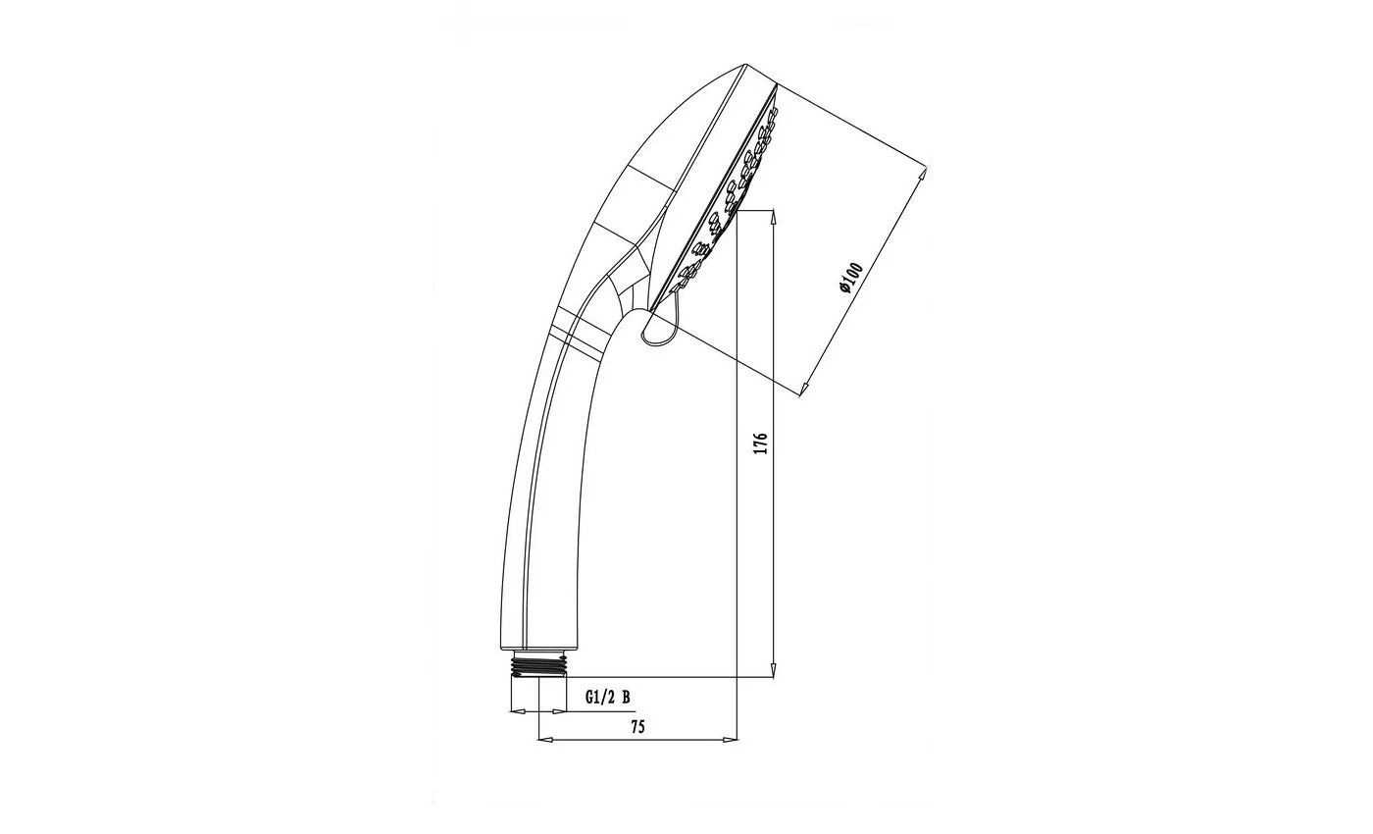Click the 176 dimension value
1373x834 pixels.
coord(761,443)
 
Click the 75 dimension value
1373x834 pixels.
coord(638,727)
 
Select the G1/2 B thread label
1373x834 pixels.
coord(607,698)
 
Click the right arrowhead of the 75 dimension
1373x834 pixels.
coord(730,740)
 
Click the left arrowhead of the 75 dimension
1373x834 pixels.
coord(546,740)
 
